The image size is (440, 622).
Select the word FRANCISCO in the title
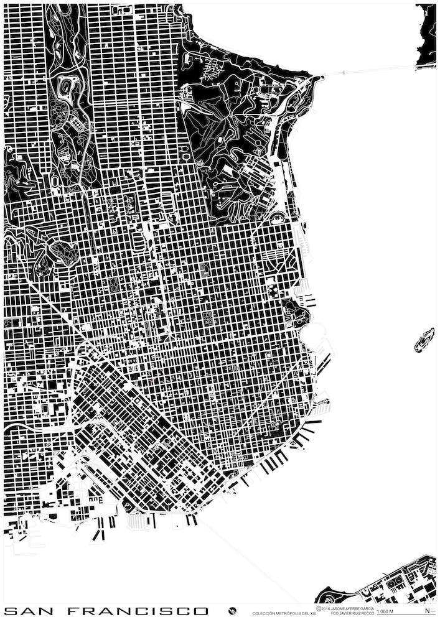coord(138,611)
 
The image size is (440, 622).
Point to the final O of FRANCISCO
coord(201,611)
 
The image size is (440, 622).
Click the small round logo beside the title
coord(232,611)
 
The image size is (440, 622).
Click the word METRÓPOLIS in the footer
coord(292,614)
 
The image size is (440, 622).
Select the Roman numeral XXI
coord(316,614)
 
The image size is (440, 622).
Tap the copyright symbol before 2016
coord(319,608)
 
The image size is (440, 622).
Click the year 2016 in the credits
coord(325,608)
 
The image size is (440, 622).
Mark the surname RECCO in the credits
coord(368,614)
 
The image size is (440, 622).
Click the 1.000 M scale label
coord(386,613)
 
